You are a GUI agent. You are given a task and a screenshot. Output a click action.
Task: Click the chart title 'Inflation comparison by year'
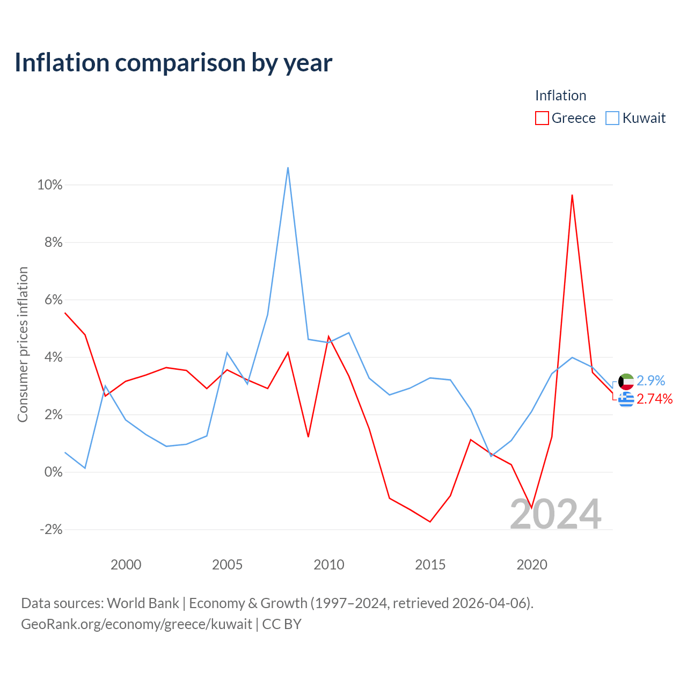(x=173, y=63)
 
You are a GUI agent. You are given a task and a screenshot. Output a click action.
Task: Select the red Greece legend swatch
(x=542, y=118)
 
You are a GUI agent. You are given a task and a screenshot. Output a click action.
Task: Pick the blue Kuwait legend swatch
(x=612, y=118)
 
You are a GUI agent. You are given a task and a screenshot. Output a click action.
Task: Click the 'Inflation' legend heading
(x=560, y=96)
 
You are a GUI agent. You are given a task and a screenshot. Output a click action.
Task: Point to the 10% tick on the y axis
(x=50, y=185)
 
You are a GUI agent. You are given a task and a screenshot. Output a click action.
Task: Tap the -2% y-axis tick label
(x=52, y=529)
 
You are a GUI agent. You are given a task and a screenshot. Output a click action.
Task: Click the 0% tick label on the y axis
(x=54, y=472)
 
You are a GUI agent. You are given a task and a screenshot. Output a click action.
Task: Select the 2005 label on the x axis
(x=227, y=565)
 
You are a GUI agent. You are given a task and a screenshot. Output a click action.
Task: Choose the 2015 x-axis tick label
(x=430, y=565)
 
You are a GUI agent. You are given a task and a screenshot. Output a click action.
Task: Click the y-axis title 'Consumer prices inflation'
(x=23, y=345)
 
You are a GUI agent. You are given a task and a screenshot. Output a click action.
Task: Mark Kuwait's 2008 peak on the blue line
(x=288, y=167)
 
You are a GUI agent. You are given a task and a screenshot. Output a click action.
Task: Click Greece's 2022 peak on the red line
(x=572, y=195)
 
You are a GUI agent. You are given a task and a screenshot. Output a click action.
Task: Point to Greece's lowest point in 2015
(x=430, y=522)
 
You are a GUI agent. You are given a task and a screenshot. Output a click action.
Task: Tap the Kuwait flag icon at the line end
(x=626, y=382)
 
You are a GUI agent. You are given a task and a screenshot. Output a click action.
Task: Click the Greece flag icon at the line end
(x=626, y=399)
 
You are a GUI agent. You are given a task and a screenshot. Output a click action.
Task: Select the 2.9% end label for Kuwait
(x=651, y=381)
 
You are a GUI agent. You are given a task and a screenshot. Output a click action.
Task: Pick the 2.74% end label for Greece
(x=655, y=399)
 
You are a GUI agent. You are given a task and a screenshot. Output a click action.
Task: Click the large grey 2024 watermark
(x=556, y=514)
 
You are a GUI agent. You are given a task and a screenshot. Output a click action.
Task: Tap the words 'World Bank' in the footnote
(x=143, y=603)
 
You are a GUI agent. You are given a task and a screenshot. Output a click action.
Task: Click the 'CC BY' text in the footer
(x=282, y=624)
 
